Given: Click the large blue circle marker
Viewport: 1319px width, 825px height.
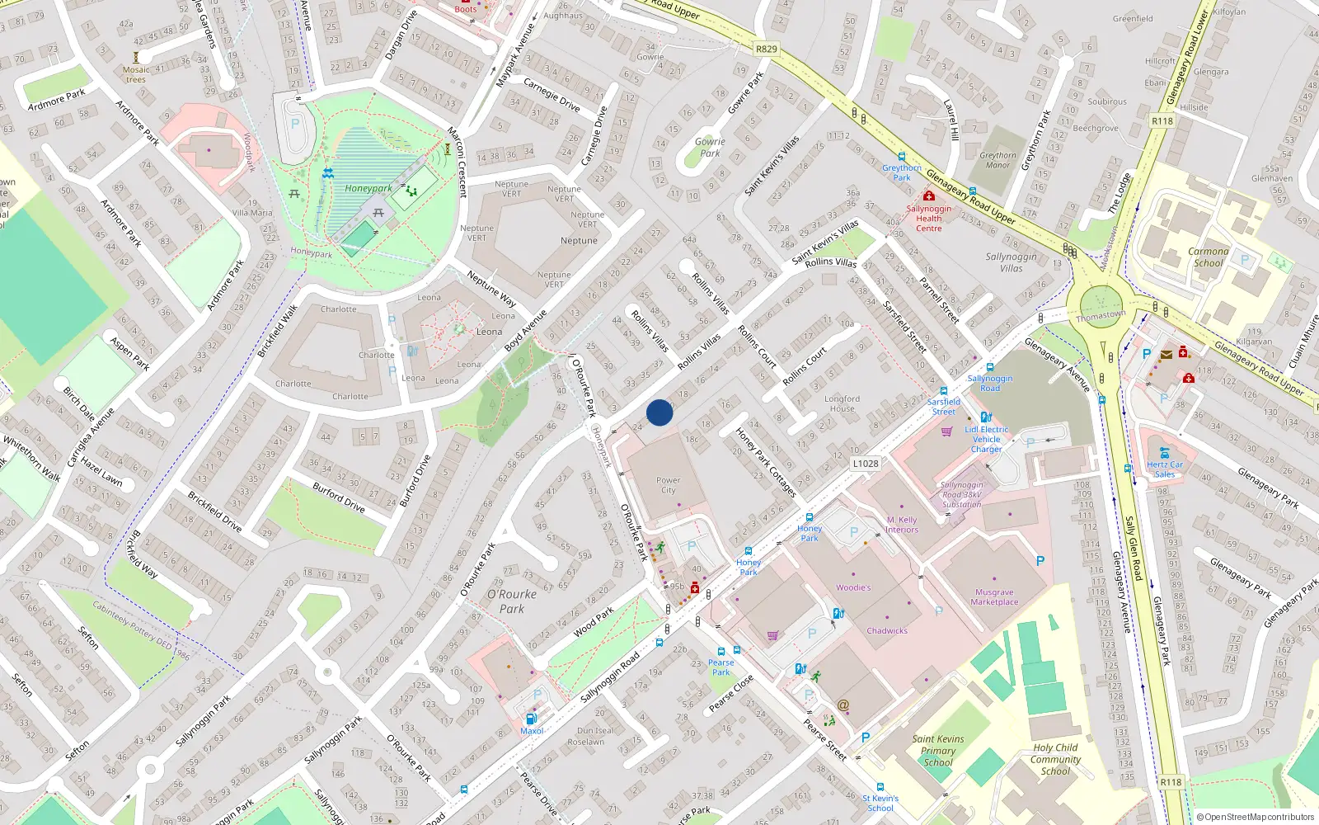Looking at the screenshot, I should point(659,412).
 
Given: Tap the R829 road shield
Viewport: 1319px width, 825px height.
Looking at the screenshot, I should point(766,49).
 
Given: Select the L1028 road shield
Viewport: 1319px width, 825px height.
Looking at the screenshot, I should point(865,464).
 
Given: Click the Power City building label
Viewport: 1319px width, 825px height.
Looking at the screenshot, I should point(669,485).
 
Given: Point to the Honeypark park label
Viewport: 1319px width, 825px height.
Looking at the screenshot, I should point(368,188).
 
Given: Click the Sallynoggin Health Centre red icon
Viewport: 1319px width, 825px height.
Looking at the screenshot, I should point(929,196).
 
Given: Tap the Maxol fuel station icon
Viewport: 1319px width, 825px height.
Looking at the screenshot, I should point(531,719).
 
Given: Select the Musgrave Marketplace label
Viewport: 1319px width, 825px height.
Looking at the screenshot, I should point(994,597).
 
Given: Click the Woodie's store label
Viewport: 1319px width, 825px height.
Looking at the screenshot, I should point(853,588).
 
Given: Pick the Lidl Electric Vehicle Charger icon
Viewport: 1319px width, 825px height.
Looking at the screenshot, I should point(986,417).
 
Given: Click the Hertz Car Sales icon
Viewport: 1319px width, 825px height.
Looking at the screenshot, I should point(1164,453).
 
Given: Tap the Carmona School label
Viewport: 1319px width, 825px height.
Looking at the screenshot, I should point(1208,257).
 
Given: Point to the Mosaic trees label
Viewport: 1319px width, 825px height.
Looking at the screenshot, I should point(136,74).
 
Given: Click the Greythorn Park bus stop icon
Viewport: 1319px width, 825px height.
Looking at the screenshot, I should point(902,157).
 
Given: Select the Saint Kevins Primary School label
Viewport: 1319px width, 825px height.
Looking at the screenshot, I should point(938,751).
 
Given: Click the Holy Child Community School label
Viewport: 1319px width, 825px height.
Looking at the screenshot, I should point(1055,759).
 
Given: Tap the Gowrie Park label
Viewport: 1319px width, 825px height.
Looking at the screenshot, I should point(710,147).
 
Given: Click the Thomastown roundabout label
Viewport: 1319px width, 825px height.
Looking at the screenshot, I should point(1101,316).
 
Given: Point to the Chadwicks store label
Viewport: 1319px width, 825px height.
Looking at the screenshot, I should point(887,631).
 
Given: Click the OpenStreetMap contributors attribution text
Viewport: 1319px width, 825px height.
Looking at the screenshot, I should point(1256,817).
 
